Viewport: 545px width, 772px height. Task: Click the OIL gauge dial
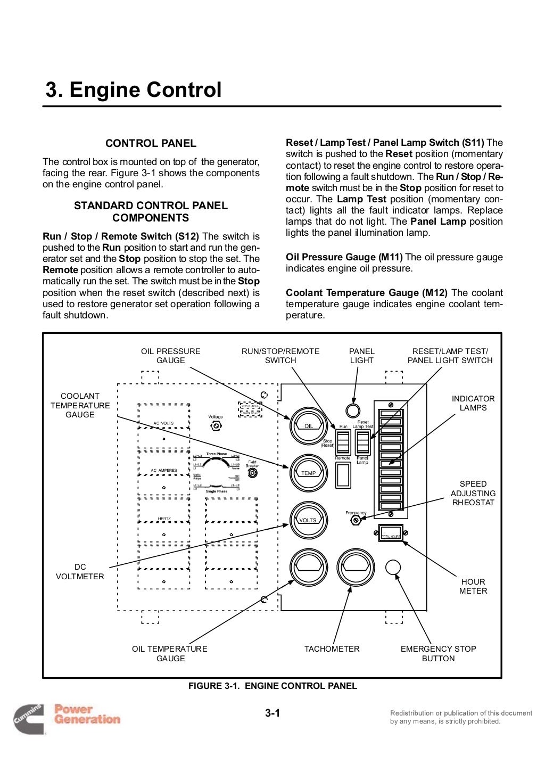[308, 425]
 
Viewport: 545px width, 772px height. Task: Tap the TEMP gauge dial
[308, 473]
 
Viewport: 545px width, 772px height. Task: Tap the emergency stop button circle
[393, 567]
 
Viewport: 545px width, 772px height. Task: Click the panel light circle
[353, 410]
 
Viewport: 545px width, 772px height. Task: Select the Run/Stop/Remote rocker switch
[343, 442]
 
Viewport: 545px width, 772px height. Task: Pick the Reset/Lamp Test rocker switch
[362, 442]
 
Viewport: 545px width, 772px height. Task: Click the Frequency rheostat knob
[356, 521]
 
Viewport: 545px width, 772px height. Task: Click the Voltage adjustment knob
[216, 426]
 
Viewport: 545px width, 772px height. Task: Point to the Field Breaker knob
[252, 472]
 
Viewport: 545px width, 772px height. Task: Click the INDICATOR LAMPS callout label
[473, 403]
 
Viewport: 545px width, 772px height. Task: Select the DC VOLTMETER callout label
[80, 572]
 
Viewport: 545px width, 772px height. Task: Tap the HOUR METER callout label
[473, 586]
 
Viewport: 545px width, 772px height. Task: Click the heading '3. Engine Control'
[133, 90]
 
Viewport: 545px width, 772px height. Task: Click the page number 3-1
[272, 713]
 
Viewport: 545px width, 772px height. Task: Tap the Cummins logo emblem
[29, 718]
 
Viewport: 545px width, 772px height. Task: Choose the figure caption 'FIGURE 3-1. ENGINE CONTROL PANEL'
[272, 686]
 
